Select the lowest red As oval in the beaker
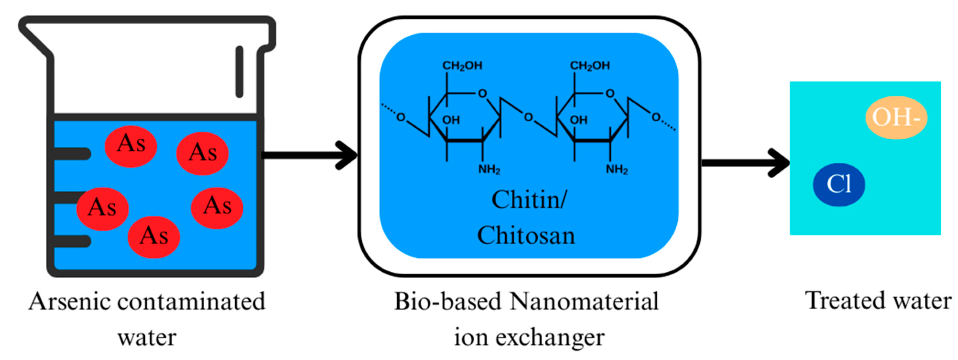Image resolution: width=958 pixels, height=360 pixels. [154, 237]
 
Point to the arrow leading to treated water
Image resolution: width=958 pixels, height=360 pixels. [745, 163]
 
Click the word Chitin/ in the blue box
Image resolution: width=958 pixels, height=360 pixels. [529, 200]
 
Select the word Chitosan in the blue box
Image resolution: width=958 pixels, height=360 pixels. [526, 235]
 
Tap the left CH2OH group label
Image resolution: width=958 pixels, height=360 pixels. [462, 66]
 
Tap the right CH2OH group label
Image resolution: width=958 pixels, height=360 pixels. [590, 66]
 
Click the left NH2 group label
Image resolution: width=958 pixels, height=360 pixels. [489, 169]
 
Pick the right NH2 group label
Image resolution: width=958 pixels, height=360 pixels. [616, 169]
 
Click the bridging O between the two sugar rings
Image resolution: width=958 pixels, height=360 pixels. [528, 117]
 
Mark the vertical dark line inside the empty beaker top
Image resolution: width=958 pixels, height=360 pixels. [239, 72]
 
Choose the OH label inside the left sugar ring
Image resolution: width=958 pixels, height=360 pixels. [451, 120]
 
